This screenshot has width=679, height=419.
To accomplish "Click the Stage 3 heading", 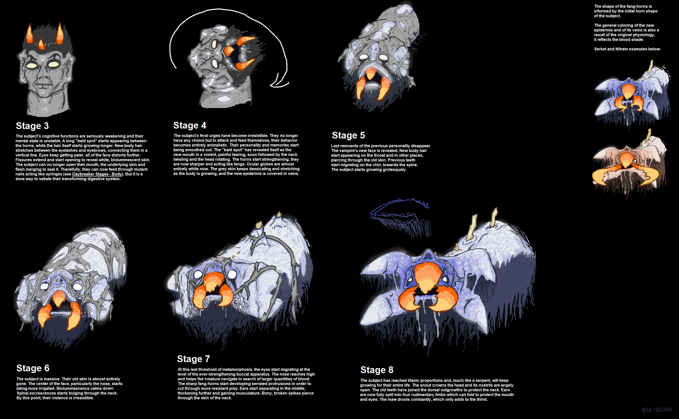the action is point(32,126).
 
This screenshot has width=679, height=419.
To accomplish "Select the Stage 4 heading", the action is point(190,125).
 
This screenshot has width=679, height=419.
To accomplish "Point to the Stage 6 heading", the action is point(33,368).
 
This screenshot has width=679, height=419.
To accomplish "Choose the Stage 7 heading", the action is point(193,359).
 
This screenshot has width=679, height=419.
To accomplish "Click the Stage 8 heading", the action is point(377,370).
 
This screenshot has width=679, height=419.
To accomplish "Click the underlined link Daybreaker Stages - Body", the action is point(97,174).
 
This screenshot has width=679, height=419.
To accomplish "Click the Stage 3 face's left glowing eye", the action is point(32,65).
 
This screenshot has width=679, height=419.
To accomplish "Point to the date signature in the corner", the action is point(657,410).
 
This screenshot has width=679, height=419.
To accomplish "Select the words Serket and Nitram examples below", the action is point(627,49).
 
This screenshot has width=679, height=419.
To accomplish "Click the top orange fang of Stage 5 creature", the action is point(370,73).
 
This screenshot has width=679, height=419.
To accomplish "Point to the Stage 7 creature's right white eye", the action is point(232,274).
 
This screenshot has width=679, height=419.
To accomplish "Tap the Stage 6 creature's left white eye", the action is point(44,286).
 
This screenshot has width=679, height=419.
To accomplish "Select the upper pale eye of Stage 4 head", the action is point(214,44).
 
